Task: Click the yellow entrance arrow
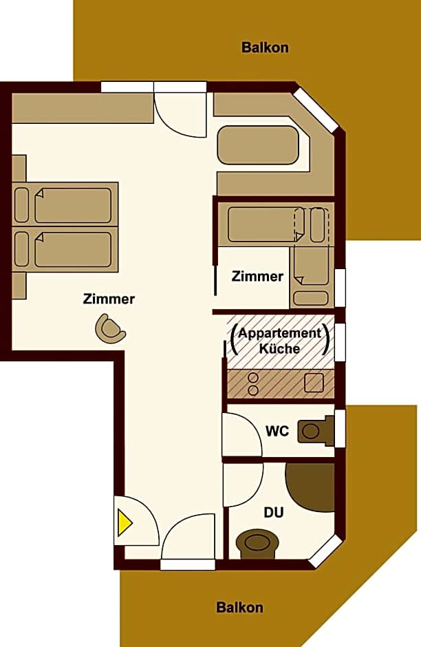(x=125, y=523)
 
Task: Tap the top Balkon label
(x=265, y=47)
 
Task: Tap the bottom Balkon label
(x=239, y=608)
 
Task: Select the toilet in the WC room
(x=313, y=431)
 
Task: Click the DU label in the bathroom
(x=274, y=513)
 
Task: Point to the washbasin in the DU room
(x=257, y=542)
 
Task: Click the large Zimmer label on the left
(x=109, y=299)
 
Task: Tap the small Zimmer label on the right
(x=257, y=277)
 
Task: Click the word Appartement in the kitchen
(x=279, y=333)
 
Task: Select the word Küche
(x=279, y=348)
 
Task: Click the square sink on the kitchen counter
(x=314, y=383)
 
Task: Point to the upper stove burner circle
(x=252, y=377)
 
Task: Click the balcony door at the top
(x=180, y=110)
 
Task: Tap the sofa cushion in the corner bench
(x=258, y=145)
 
